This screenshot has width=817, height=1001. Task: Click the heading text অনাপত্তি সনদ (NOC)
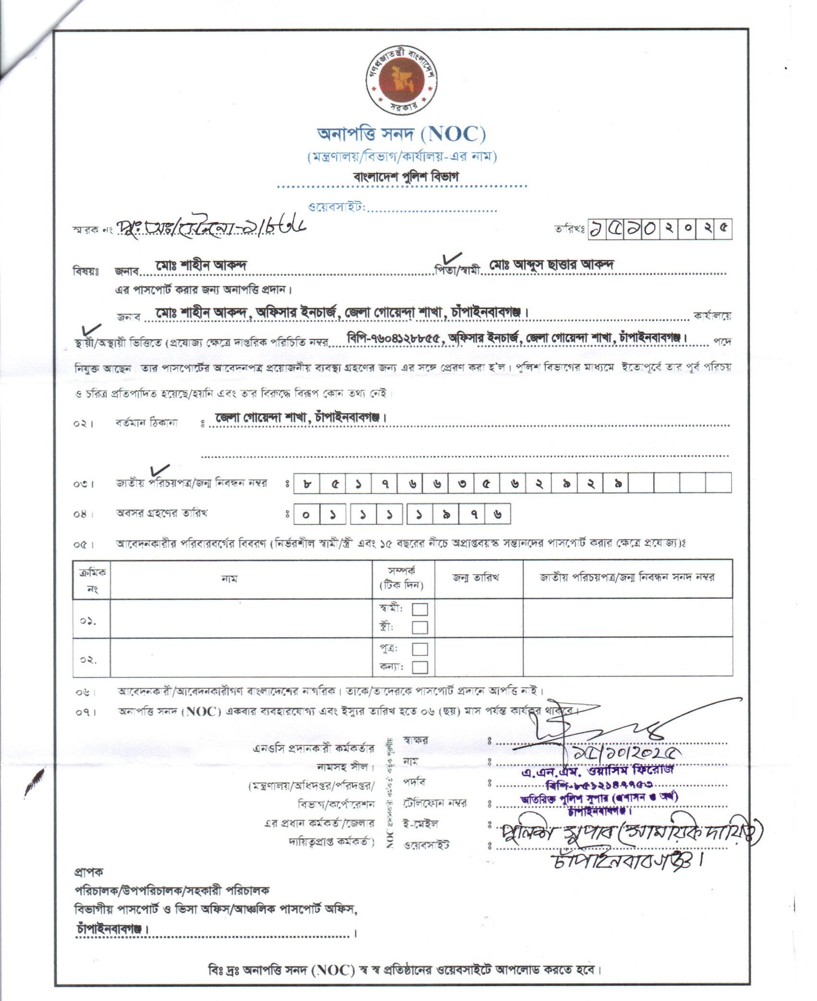(401, 134)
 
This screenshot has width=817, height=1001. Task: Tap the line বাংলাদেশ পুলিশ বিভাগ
(406, 176)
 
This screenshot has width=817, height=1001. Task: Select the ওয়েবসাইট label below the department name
(337, 207)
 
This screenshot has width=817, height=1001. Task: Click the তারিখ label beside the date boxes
(568, 230)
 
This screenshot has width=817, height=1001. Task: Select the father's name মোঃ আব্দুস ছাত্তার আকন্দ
(552, 264)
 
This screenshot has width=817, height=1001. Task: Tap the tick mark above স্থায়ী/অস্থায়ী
(91, 330)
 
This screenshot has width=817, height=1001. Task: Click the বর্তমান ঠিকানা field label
(146, 423)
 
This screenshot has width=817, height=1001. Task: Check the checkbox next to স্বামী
(420, 609)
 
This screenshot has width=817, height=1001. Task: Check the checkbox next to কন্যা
(420, 667)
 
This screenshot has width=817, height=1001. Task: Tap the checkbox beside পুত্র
(420, 649)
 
